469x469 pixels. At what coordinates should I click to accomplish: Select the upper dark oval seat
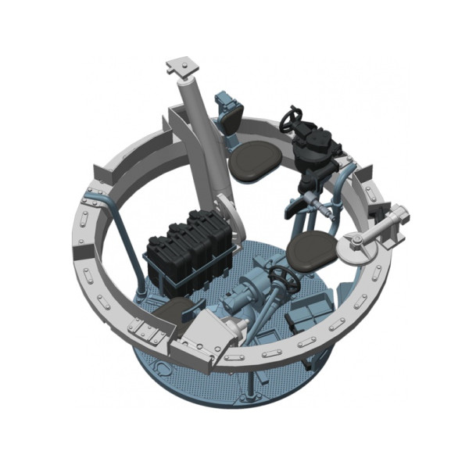point(256,160)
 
